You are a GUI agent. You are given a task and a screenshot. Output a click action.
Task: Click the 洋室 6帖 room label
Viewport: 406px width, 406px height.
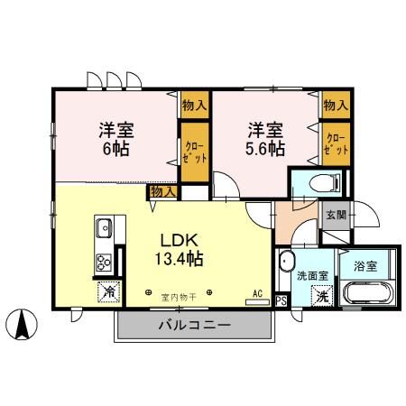114,137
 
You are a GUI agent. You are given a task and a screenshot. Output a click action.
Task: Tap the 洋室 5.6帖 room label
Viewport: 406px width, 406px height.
263,137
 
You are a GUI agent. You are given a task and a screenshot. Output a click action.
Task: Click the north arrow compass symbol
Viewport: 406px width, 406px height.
23,320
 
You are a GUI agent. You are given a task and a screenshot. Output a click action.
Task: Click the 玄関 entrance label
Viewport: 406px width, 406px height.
335,215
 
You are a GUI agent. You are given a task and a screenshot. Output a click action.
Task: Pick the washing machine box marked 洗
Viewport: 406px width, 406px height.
321,296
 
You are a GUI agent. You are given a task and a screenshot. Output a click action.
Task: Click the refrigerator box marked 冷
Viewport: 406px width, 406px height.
107,292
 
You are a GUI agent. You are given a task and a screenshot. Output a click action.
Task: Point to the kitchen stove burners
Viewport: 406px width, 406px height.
103,263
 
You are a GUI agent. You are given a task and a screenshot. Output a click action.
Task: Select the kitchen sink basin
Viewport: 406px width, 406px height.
103,226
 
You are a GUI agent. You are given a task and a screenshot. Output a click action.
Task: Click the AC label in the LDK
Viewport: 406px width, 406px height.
257,293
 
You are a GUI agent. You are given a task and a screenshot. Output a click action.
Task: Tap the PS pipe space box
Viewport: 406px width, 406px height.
281,301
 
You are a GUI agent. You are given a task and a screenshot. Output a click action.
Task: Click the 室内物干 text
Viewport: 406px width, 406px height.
178,295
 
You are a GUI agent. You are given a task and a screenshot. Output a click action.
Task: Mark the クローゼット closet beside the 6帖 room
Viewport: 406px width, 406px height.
193,148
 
